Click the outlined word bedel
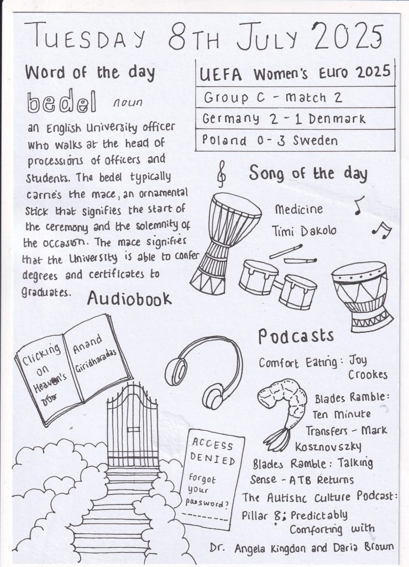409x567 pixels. pos(61,102)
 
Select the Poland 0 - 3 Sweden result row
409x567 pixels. pos(270,141)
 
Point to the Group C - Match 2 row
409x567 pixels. pos(273,98)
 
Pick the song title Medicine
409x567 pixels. pos(299,210)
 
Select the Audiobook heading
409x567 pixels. pos(129,299)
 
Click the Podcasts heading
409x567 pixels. pos(296,336)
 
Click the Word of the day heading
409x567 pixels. pos(90,73)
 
